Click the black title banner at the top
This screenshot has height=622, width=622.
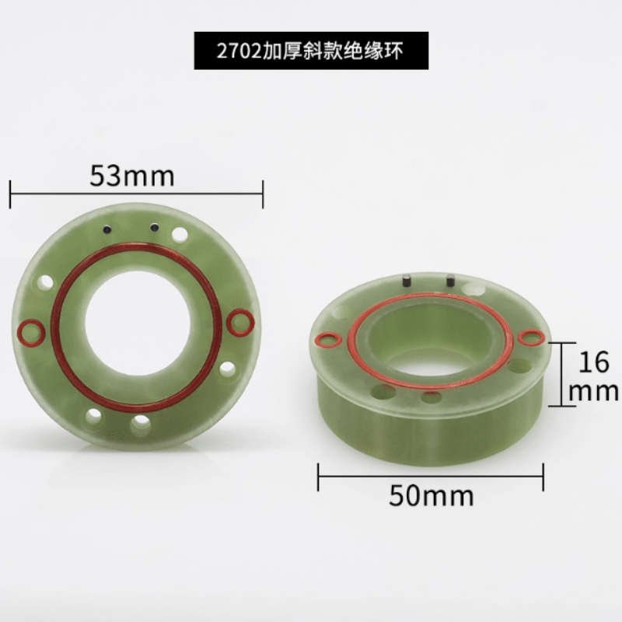311,51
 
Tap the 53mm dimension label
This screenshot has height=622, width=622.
132,176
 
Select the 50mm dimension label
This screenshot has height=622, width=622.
432,495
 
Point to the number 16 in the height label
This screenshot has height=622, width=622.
593,362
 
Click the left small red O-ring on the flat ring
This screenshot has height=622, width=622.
32,330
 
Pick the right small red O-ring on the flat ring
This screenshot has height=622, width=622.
240,322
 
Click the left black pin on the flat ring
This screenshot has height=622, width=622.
107,229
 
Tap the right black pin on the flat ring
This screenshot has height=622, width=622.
154,227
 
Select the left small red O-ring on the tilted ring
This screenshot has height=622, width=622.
328,339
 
